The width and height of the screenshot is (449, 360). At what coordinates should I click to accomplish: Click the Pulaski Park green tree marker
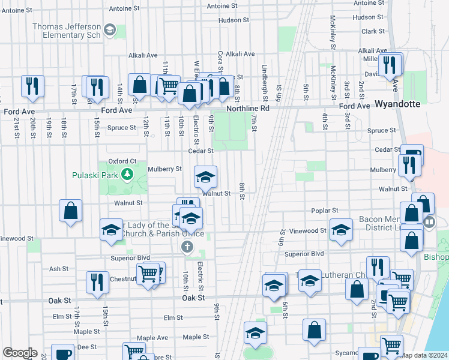click(127, 175)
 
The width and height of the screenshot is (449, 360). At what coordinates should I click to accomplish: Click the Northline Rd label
click(248, 109)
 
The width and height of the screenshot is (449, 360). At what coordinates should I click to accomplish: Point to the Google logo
click(20, 353)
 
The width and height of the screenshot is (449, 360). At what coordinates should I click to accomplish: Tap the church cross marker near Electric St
click(187, 247)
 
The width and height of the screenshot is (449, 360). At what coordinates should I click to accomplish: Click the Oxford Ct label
click(123, 161)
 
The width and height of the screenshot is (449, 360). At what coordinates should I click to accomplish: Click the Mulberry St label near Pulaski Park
click(164, 169)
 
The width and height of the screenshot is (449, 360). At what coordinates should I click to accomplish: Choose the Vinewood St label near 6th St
click(307, 230)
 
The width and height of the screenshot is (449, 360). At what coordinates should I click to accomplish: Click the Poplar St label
click(326, 211)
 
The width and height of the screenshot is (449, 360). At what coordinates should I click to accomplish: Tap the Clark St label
click(373, 31)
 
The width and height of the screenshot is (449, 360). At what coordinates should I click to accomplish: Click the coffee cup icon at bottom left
click(62, 354)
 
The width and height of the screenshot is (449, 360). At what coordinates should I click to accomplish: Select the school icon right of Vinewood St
click(341, 231)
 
